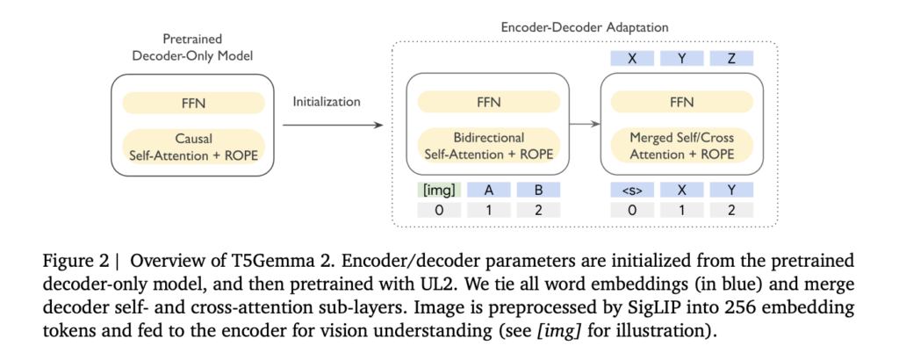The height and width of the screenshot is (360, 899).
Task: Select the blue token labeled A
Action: coord(488,190)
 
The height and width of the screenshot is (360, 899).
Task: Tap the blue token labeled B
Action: coord(538,190)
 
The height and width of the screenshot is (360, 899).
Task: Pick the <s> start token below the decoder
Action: coord(631,190)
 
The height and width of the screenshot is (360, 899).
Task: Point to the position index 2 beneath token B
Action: coord(538,210)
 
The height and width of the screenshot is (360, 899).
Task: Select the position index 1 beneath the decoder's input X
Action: coord(681,210)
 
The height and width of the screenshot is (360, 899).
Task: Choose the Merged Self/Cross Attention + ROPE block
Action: coord(681,146)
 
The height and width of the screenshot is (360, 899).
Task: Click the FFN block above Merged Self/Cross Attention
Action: coord(681,102)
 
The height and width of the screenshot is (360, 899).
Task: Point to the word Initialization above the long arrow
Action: coord(326,102)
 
